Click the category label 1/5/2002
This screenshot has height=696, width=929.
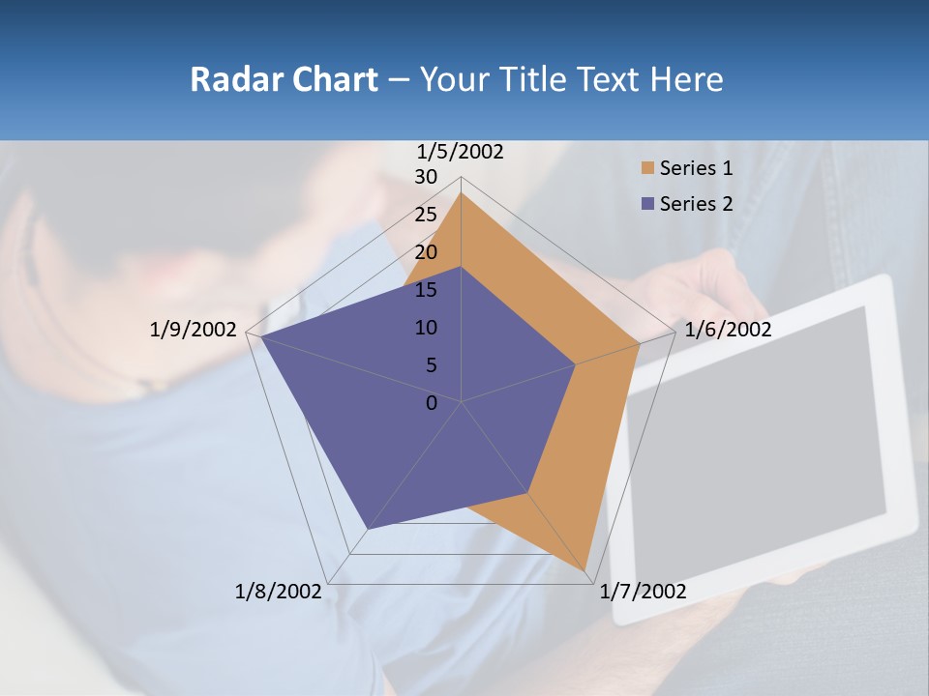[x=460, y=151]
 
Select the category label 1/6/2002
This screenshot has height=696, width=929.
[x=728, y=330]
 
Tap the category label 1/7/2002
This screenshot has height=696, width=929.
[x=643, y=592]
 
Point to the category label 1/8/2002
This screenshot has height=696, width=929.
[x=278, y=592]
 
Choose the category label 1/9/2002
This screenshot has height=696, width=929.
[x=193, y=330]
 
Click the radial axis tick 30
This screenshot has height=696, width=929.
[x=426, y=177]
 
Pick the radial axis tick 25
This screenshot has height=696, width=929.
[x=426, y=215]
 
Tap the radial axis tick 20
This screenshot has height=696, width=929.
[x=426, y=252]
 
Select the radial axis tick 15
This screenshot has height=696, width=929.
[x=426, y=290]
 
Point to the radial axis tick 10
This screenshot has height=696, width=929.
[x=426, y=328]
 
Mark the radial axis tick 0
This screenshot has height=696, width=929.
[x=432, y=403]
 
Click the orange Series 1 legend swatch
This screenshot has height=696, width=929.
[x=647, y=168]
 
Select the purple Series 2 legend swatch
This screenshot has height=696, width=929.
[x=647, y=204]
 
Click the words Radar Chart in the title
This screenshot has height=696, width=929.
[x=284, y=79]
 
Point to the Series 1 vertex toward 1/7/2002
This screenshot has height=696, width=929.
[x=586, y=571]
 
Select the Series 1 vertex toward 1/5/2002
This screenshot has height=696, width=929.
[x=462, y=192]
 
